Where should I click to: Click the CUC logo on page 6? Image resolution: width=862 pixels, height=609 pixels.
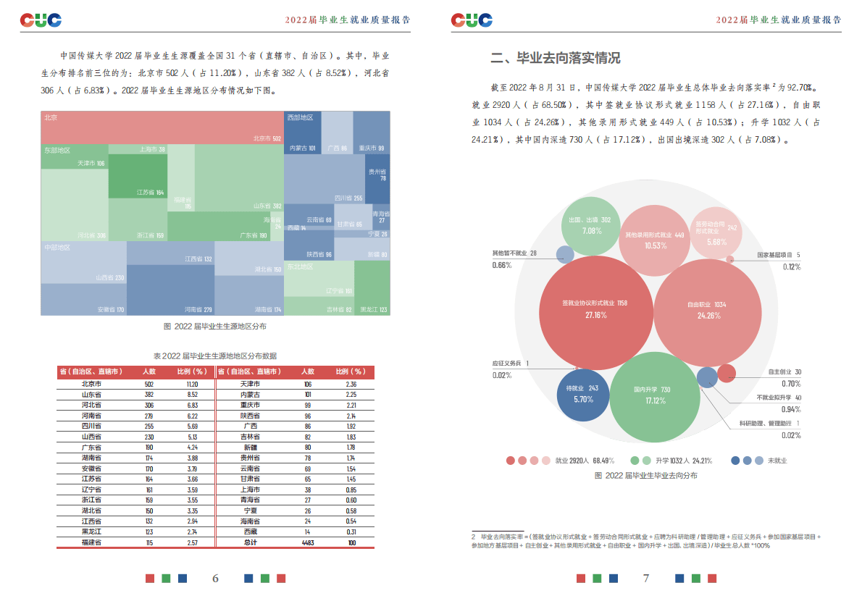(x=41, y=20)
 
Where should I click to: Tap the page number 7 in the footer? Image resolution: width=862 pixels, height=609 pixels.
(x=646, y=578)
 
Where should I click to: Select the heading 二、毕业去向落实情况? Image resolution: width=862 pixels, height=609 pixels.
(x=556, y=59)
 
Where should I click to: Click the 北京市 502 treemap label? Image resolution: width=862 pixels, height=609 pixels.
(x=267, y=138)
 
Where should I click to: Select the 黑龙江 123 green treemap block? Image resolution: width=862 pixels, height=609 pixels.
(x=372, y=288)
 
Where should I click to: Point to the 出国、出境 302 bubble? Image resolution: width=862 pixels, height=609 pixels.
(x=591, y=225)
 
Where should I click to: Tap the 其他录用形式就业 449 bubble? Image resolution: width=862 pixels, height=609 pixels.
(x=655, y=240)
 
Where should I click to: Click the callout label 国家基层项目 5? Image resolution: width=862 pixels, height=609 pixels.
(x=779, y=255)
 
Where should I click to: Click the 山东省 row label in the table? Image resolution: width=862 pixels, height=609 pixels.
(x=91, y=394)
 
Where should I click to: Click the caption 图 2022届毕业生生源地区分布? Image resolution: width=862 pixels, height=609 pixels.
(x=214, y=327)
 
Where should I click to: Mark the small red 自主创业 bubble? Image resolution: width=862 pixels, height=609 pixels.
(x=727, y=373)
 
